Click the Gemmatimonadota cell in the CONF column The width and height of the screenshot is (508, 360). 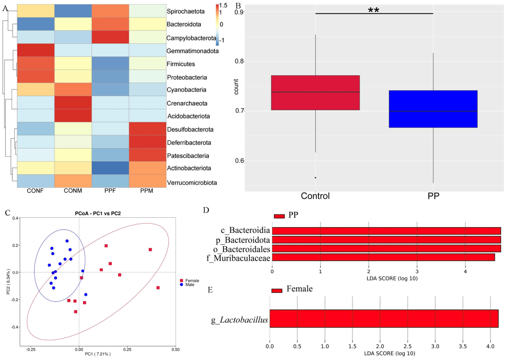pyautogui.click(x=36, y=50)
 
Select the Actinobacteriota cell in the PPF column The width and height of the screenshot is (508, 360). pyautogui.click(x=110, y=168)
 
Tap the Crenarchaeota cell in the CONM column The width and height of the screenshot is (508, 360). pyautogui.click(x=73, y=103)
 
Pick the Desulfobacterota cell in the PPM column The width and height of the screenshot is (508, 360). pyautogui.click(x=148, y=129)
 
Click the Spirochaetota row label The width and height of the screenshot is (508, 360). pyautogui.click(x=186, y=11)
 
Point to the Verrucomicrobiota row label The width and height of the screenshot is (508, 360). pyautogui.click(x=192, y=183)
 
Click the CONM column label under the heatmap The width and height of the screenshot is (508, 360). pyautogui.click(x=73, y=190)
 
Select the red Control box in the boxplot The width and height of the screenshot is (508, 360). pyautogui.click(x=315, y=93)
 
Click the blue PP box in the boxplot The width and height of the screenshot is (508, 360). pyautogui.click(x=433, y=109)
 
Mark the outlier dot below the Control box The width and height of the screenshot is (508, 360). pyautogui.click(x=315, y=178)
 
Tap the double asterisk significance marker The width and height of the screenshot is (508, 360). pyautogui.click(x=373, y=10)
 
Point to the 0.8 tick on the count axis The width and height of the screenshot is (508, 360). pyautogui.click(x=238, y=61)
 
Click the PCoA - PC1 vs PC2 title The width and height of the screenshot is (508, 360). pyautogui.click(x=98, y=213)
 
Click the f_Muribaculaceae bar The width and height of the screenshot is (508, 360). pyautogui.click(x=383, y=257)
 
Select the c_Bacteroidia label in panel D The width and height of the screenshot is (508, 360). pyautogui.click(x=246, y=230)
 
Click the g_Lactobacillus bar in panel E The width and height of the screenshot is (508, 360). pyautogui.click(x=384, y=319)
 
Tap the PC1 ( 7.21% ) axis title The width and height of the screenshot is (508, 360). pyautogui.click(x=98, y=354)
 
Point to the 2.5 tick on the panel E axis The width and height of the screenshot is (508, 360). pyautogui.click(x=408, y=347)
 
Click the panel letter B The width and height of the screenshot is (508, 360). pyautogui.click(x=238, y=6)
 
